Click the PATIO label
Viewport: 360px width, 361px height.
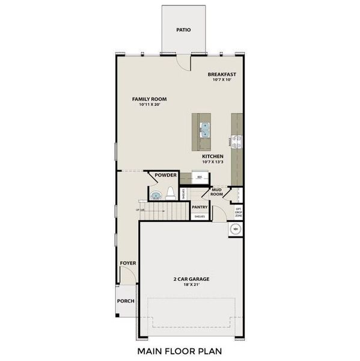(183, 29)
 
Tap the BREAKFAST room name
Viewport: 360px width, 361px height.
(222, 75)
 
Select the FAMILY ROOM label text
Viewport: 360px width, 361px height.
(149, 99)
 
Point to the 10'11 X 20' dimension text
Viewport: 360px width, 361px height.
(149, 105)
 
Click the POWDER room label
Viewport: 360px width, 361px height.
(165, 175)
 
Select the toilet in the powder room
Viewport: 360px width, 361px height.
(170, 193)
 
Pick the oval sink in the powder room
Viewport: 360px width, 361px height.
(156, 194)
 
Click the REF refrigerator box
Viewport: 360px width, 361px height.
(199, 177)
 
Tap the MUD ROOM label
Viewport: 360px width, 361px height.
(217, 193)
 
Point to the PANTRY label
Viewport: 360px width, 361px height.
(200, 207)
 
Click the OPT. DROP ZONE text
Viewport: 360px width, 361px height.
(238, 211)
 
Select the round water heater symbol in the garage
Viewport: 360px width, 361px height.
(235, 229)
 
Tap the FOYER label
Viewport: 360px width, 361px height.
(127, 263)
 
